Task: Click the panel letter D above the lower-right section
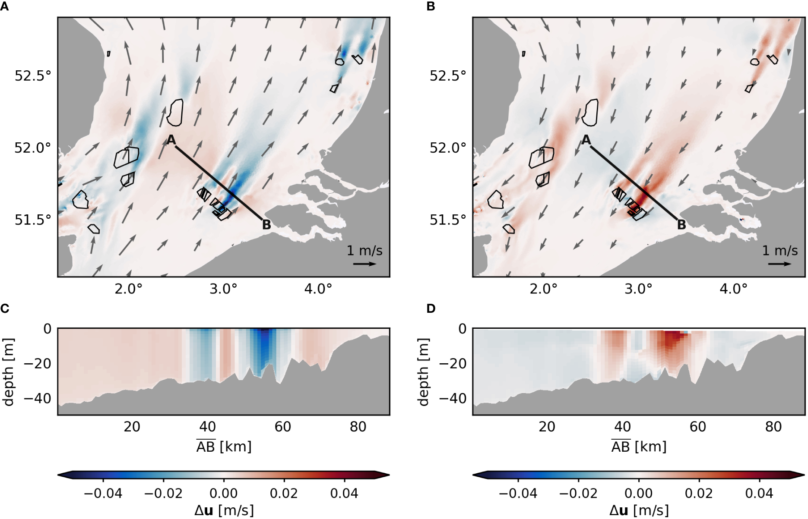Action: click(431, 309)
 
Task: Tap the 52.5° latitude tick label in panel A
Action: click(33, 76)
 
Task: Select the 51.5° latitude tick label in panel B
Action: click(448, 220)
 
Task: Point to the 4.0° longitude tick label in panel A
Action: click(318, 289)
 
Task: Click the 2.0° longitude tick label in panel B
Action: click(543, 289)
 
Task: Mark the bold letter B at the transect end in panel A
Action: click(266, 225)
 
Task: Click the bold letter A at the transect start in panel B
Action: click(586, 140)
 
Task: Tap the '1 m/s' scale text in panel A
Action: click(364, 251)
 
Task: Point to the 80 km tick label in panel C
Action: click(358, 427)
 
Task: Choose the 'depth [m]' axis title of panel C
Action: click(9, 371)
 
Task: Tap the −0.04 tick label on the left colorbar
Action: click(103, 493)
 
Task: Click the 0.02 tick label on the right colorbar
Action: click(699, 493)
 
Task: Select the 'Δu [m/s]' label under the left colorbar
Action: click(223, 511)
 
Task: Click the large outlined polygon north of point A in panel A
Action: click(175, 113)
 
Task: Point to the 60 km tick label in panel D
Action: click(698, 427)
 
